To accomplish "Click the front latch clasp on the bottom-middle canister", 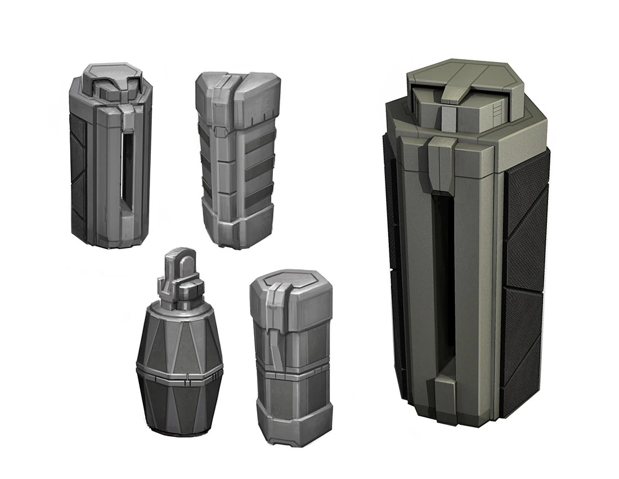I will [x=276, y=327].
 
